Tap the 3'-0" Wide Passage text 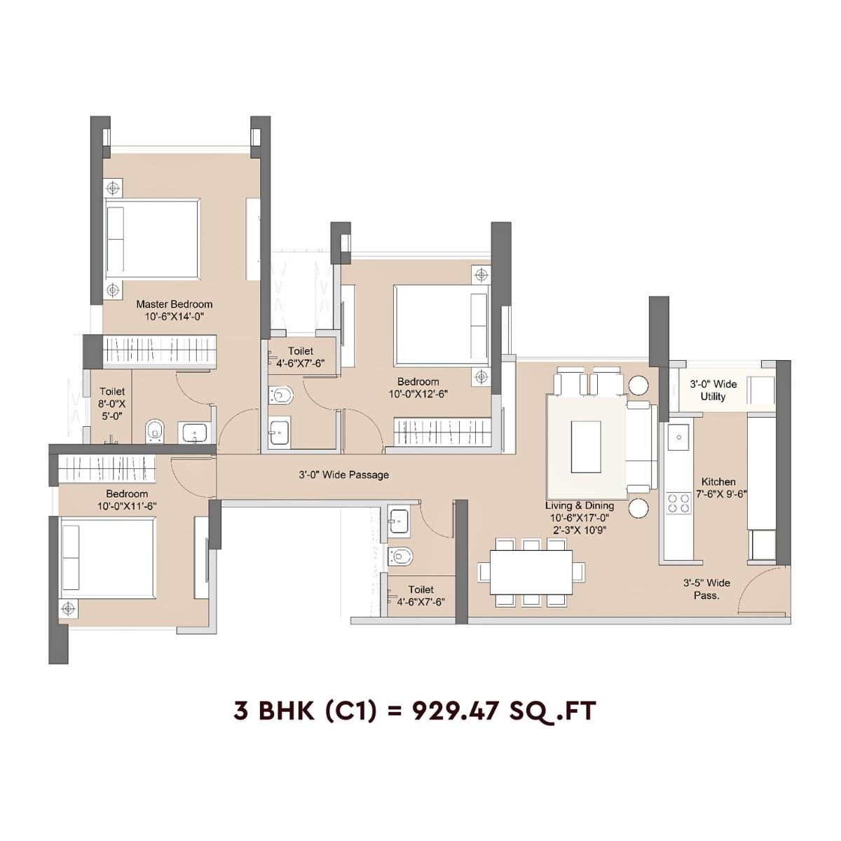click(x=343, y=475)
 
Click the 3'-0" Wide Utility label click(x=713, y=390)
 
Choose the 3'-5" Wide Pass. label click(x=706, y=589)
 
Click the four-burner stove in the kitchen click(x=678, y=503)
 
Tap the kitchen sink click(x=678, y=439)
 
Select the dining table click(x=530, y=572)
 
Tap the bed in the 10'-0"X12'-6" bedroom click(x=440, y=324)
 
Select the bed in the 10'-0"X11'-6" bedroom click(x=107, y=557)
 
